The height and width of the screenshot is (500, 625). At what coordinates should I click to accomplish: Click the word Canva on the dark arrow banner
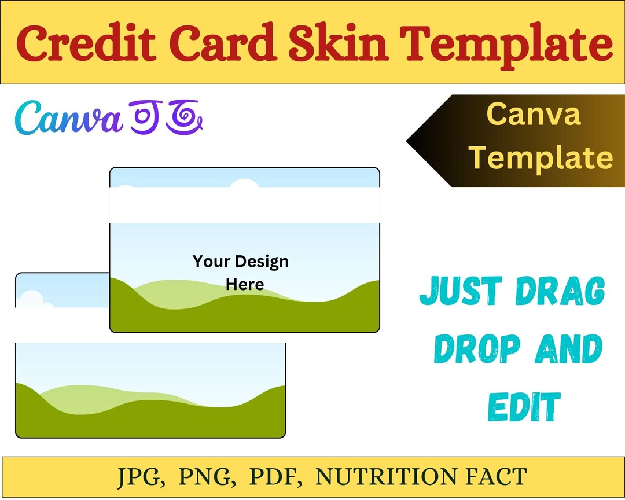pyautogui.click(x=533, y=114)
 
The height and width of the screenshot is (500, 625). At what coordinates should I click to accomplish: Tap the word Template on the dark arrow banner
pyautogui.click(x=541, y=157)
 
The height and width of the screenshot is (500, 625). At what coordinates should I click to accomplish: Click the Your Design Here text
pyautogui.click(x=241, y=273)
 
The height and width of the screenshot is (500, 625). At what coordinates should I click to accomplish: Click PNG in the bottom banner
pyautogui.click(x=210, y=477)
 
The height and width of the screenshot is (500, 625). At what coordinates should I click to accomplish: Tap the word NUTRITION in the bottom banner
pyautogui.click(x=381, y=477)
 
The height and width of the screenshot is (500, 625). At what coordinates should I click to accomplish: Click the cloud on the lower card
pyautogui.click(x=32, y=299)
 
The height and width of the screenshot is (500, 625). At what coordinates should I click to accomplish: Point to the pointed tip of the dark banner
pyautogui.click(x=409, y=141)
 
